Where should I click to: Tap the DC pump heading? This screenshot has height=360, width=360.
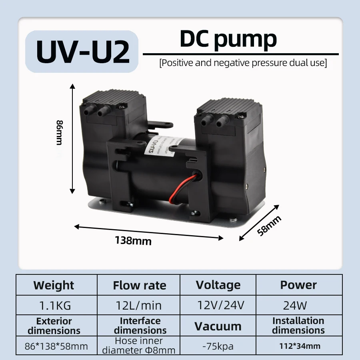(228, 39)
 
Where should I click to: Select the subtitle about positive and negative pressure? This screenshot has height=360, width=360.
(243, 63)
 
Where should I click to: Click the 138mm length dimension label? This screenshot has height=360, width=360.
(133, 241)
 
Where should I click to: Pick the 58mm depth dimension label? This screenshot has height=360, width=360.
(269, 225)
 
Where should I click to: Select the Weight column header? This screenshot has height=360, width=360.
(54, 285)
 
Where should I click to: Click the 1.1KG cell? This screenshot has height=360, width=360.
(55, 306)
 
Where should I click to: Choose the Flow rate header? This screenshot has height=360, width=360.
(139, 285)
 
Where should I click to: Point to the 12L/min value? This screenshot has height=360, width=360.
(140, 306)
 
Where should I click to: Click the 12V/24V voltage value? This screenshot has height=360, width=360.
(220, 306)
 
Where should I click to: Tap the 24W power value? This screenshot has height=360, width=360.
(295, 306)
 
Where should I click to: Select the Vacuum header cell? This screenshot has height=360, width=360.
(218, 326)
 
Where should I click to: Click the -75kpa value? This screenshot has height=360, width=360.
(218, 346)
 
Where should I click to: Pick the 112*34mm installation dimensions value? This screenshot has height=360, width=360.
(300, 346)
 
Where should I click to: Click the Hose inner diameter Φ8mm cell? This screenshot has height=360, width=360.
(139, 346)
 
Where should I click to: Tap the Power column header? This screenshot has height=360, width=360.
(298, 285)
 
